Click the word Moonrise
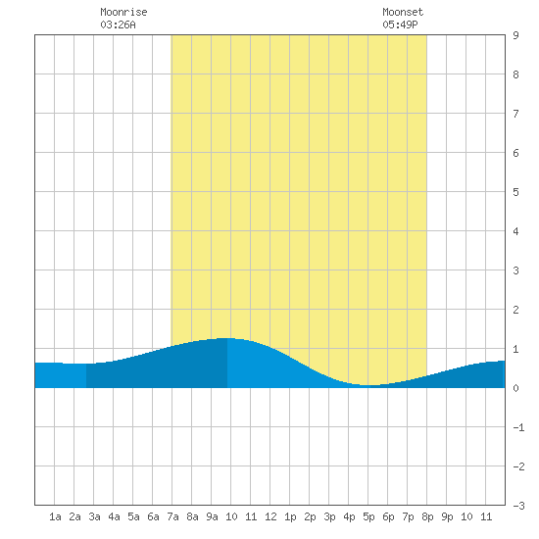pos(123,12)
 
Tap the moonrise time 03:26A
pos(118,24)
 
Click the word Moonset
pos(403,12)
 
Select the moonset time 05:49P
pos(400,24)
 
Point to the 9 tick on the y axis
pos(515,35)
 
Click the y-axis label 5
pos(515,192)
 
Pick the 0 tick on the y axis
pos(515,388)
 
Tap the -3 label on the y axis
pos(518,506)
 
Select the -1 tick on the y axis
pos(518,427)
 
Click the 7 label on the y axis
pos(515,114)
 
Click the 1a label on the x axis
pos(55,516)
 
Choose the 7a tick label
pos(172,516)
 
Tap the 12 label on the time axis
pos(270,516)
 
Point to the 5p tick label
pos(368,516)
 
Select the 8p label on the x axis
pos(427,516)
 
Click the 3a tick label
pos(94,516)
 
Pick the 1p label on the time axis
pos(290,516)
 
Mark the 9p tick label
pos(447,516)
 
